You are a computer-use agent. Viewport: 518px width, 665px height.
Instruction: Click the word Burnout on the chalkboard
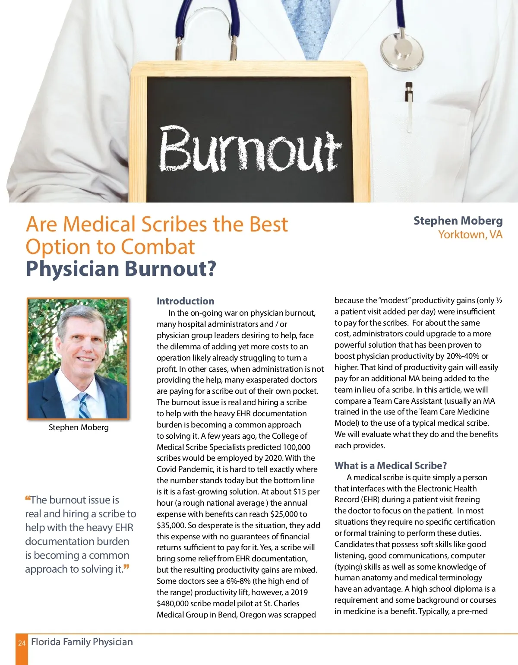[x=250, y=149]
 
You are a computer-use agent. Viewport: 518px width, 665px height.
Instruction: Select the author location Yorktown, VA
[x=470, y=234]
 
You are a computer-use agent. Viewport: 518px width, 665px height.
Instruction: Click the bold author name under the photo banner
[x=458, y=221]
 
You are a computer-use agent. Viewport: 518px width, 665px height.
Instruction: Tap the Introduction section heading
[x=185, y=301]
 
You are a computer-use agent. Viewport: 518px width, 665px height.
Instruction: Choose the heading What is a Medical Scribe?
[x=390, y=465]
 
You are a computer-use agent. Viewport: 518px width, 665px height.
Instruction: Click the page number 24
[x=22, y=643]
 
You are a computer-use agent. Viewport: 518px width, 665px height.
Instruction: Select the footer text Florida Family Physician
[x=82, y=642]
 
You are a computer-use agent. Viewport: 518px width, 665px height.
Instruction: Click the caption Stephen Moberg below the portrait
[x=79, y=427]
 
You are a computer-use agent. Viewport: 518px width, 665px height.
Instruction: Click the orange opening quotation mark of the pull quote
[x=28, y=499]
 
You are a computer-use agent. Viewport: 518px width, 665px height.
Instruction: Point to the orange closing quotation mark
[x=126, y=567]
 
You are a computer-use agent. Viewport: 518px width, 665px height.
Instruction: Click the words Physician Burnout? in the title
[x=120, y=269]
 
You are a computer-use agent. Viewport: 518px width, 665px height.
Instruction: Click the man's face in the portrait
[x=81, y=345]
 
